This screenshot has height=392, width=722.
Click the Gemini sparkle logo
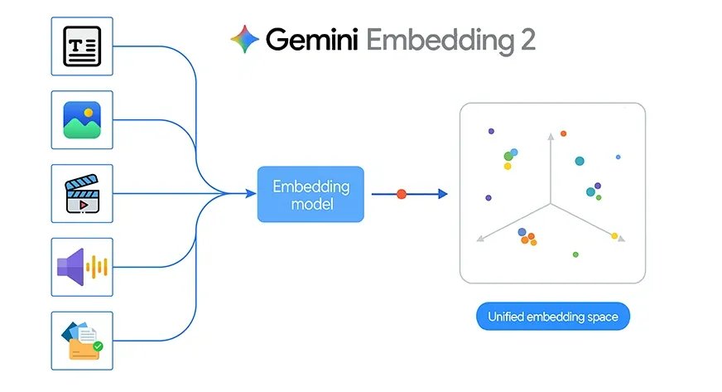point(244,39)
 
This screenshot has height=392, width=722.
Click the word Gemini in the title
point(311,39)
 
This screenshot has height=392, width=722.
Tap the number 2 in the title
point(526,39)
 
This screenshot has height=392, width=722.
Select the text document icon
point(82,46)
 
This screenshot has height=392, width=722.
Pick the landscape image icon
point(82,119)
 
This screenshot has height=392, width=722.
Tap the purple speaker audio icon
point(82,267)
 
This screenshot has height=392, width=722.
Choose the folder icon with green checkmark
point(82,340)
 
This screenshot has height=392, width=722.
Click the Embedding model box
point(310,194)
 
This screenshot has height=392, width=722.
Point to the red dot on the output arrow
point(402,194)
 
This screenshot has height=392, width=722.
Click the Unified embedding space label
point(552,317)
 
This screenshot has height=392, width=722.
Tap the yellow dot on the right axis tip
point(614,236)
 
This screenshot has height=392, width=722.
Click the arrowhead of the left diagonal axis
point(479,240)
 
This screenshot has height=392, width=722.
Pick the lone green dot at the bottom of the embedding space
point(575,254)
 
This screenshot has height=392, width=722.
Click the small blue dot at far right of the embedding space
point(618,157)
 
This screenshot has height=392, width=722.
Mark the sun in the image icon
point(89,111)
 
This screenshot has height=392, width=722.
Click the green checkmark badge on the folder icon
point(98,346)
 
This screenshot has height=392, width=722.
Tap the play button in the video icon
point(82,201)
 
